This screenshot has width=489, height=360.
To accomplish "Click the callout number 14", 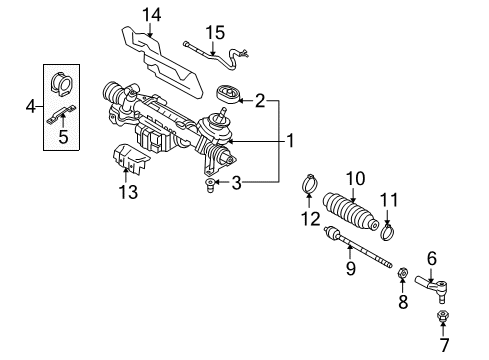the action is [x=152, y=15].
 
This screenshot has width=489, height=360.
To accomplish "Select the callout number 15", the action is [x=215, y=33].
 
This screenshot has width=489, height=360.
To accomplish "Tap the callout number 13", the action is [x=128, y=192].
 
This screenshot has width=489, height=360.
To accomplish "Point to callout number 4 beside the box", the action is [x=30, y=107].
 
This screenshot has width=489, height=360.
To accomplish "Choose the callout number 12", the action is [x=310, y=219].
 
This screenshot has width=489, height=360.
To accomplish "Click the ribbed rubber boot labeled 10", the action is [x=351, y=210].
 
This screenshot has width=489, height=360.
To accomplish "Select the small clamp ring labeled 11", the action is [x=387, y=232].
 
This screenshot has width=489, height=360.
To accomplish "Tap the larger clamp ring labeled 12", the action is [x=309, y=183].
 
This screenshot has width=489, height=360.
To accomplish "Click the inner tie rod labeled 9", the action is [x=357, y=247].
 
